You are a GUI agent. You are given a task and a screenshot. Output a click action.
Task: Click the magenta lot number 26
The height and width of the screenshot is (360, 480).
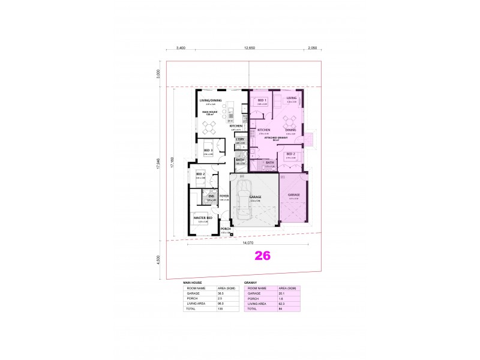[263, 256]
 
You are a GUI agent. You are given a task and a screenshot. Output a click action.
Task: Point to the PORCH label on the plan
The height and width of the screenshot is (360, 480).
[226, 229]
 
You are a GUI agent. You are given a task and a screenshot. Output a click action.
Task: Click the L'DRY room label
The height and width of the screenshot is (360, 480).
[240, 139]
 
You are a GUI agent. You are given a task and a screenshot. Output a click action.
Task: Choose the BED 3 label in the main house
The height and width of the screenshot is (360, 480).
[208, 150]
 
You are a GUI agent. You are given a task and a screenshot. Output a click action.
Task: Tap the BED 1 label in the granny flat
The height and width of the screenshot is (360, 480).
[262, 100]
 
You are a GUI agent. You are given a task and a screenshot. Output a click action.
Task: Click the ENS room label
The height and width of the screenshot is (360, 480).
[211, 196]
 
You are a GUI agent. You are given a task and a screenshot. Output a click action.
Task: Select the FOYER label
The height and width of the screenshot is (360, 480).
[224, 196]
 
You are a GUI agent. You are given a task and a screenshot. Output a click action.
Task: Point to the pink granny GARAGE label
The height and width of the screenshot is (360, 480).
[294, 195]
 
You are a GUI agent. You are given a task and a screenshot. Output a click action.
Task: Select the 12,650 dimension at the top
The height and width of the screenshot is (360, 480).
[250, 47]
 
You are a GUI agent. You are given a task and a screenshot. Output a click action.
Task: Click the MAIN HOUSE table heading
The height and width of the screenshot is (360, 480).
[193, 281]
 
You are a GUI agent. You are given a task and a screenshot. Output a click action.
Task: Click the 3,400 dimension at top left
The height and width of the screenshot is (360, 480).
[181, 47]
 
